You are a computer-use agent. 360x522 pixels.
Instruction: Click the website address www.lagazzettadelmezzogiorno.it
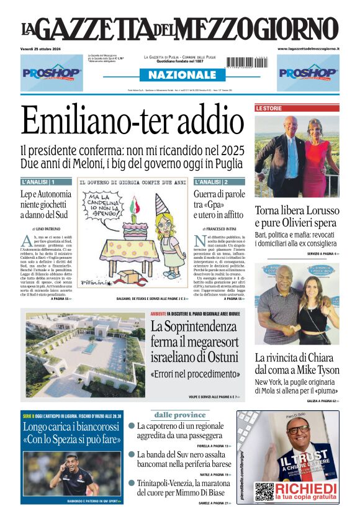(x=308, y=48)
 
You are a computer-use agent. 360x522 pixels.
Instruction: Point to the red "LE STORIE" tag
(x=269, y=108)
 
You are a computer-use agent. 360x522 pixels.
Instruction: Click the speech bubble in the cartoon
(x=103, y=205)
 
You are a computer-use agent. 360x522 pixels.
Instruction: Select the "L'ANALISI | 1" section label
(x=38, y=182)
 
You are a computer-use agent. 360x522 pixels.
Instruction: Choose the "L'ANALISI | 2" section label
(x=211, y=182)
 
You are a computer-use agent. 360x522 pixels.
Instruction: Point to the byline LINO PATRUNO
(x=47, y=229)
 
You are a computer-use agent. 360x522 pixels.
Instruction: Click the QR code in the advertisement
(x=264, y=491)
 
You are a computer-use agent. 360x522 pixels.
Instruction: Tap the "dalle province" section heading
(x=179, y=415)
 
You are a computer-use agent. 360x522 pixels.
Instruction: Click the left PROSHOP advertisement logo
(x=52, y=73)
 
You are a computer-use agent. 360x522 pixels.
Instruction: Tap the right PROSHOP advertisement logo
(x=308, y=73)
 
